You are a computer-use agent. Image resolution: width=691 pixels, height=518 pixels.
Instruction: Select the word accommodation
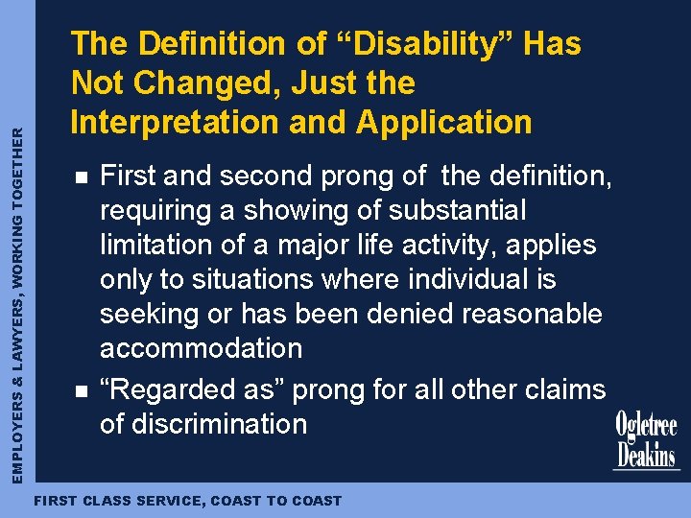pos(201,348)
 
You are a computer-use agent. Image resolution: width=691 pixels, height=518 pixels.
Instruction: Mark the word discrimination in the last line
pos(218,424)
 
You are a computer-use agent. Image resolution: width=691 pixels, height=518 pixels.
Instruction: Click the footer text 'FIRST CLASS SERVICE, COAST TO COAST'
pos(187,501)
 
